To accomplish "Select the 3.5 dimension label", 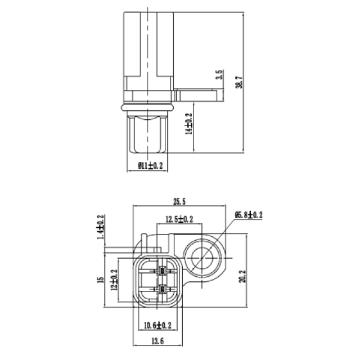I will pyautogui.click(x=220, y=74).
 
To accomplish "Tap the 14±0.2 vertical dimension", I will pyautogui.click(x=189, y=123).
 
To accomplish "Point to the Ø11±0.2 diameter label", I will pyautogui.click(x=150, y=165).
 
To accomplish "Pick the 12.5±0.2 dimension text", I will pyautogui.click(x=179, y=219).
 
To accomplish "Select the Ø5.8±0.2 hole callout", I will pyautogui.click(x=248, y=215).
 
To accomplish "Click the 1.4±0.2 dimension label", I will pyautogui.click(x=101, y=227).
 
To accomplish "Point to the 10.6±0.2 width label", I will pyautogui.click(x=157, y=325).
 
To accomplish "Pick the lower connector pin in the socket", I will pyautogui.click(x=161, y=291).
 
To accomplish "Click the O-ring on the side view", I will pyautogui.click(x=147, y=105).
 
